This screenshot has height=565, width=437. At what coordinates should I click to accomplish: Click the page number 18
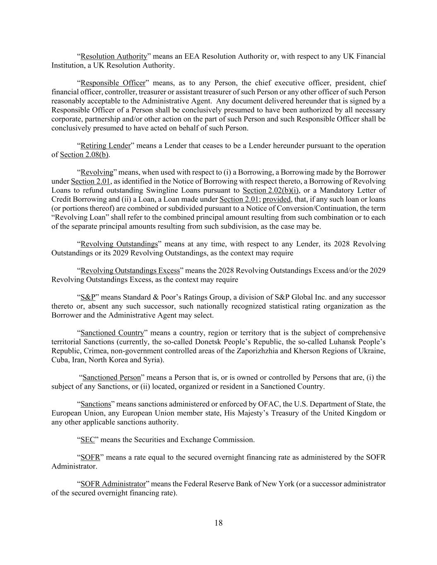218,523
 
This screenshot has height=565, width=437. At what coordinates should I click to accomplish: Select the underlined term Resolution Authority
114,56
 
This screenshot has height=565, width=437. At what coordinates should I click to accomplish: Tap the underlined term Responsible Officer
113,83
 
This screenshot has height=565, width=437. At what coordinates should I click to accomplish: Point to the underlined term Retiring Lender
106,146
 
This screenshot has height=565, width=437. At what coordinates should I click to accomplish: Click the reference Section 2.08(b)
85,155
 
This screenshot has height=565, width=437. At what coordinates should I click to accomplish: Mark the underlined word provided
277,200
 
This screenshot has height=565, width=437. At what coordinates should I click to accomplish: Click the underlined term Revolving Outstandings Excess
130,271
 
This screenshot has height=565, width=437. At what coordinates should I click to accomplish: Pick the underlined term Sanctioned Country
112,333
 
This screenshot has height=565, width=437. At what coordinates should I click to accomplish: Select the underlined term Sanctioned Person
112,377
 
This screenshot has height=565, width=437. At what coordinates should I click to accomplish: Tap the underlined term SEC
88,440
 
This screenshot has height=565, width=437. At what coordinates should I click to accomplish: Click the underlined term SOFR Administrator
113,484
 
